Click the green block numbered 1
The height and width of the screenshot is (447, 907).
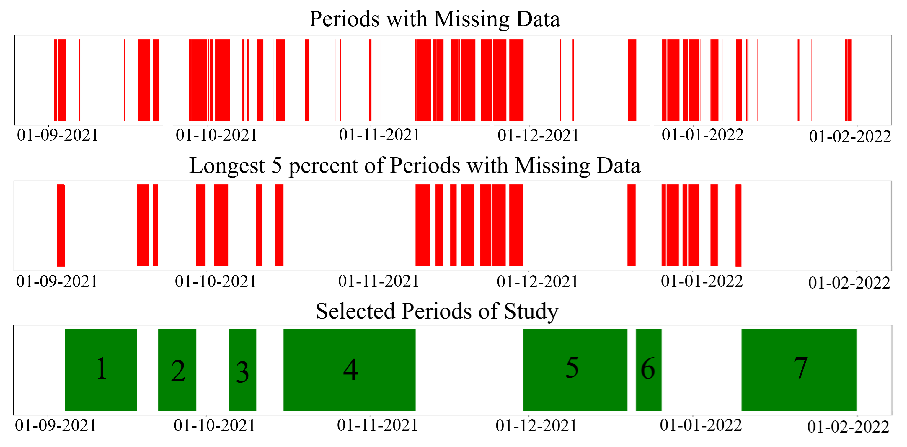[x=101, y=370]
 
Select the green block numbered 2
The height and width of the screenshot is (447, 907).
[x=177, y=370]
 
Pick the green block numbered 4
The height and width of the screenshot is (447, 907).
[x=349, y=370]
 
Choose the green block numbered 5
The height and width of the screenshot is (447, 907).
[x=575, y=370]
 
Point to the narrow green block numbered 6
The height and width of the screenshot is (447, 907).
[x=649, y=370]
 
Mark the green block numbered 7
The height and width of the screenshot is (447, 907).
[x=799, y=370]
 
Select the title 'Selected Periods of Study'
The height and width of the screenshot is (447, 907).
[x=437, y=312]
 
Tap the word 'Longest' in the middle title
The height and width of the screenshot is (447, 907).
[x=227, y=166]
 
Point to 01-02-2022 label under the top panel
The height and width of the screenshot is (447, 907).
[x=850, y=137]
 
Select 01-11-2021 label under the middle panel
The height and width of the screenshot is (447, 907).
[x=379, y=281]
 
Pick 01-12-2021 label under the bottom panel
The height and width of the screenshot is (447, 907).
[x=536, y=426]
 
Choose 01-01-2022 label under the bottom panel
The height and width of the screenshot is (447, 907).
[x=701, y=425]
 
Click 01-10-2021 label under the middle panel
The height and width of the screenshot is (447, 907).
[x=216, y=281]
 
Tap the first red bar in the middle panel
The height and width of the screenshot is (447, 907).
[x=61, y=225]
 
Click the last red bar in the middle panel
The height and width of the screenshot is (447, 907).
[x=738, y=225]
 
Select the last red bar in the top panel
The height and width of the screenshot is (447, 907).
[x=848, y=80]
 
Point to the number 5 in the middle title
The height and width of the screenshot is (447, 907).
[x=276, y=166]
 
